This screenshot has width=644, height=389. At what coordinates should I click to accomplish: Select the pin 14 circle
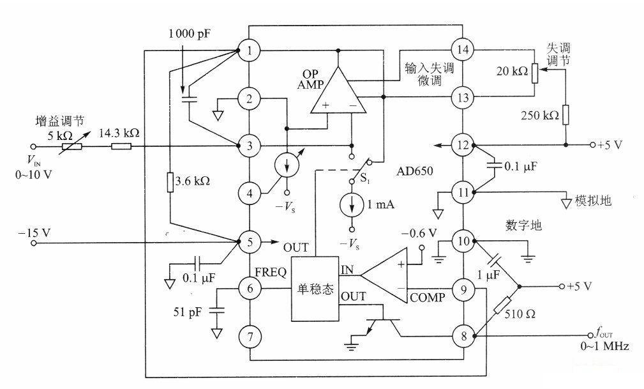coord(463,49)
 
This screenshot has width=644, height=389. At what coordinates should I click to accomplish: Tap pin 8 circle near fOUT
coord(463,334)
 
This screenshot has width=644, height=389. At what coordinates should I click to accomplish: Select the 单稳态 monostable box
coord(315,289)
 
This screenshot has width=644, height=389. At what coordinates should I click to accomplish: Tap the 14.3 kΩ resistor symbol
coord(121,146)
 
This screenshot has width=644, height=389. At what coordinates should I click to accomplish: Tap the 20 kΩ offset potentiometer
coord(535,72)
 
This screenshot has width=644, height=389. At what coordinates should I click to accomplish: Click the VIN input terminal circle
coord(35,146)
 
